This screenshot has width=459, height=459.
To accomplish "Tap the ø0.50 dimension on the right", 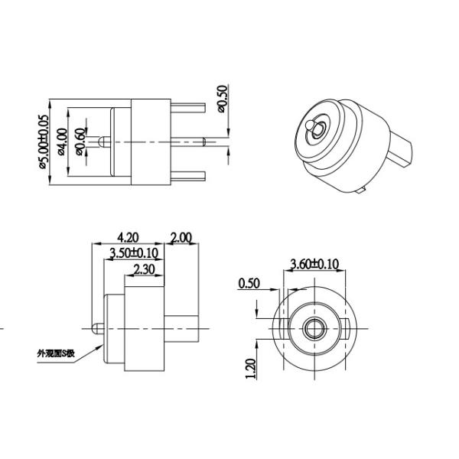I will coord(223,98).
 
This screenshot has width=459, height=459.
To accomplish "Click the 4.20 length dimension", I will coord(127,237).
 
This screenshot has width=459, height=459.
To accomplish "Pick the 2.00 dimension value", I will coord(181,237).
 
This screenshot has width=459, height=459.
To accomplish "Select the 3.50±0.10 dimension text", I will coord(134,252).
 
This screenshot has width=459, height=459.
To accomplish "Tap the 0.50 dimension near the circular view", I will coord(249,283).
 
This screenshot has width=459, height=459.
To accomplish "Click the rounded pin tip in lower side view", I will coord(95,329).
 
